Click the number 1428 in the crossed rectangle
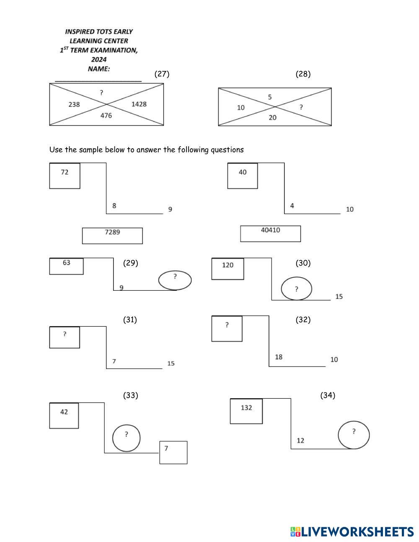(139, 104)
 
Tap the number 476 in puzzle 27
(106, 116)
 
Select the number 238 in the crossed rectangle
(74, 105)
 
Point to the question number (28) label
(303, 74)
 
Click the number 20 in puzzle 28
(273, 117)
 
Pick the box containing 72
(65, 176)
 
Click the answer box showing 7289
(112, 236)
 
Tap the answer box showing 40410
(271, 234)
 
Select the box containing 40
(243, 176)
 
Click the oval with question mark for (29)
(175, 280)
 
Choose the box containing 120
(228, 269)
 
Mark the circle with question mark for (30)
(297, 289)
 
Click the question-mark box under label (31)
(65, 338)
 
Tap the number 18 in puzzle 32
(279, 357)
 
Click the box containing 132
(246, 411)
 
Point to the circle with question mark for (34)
(354, 435)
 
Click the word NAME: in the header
(99, 69)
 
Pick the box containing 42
(64, 416)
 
